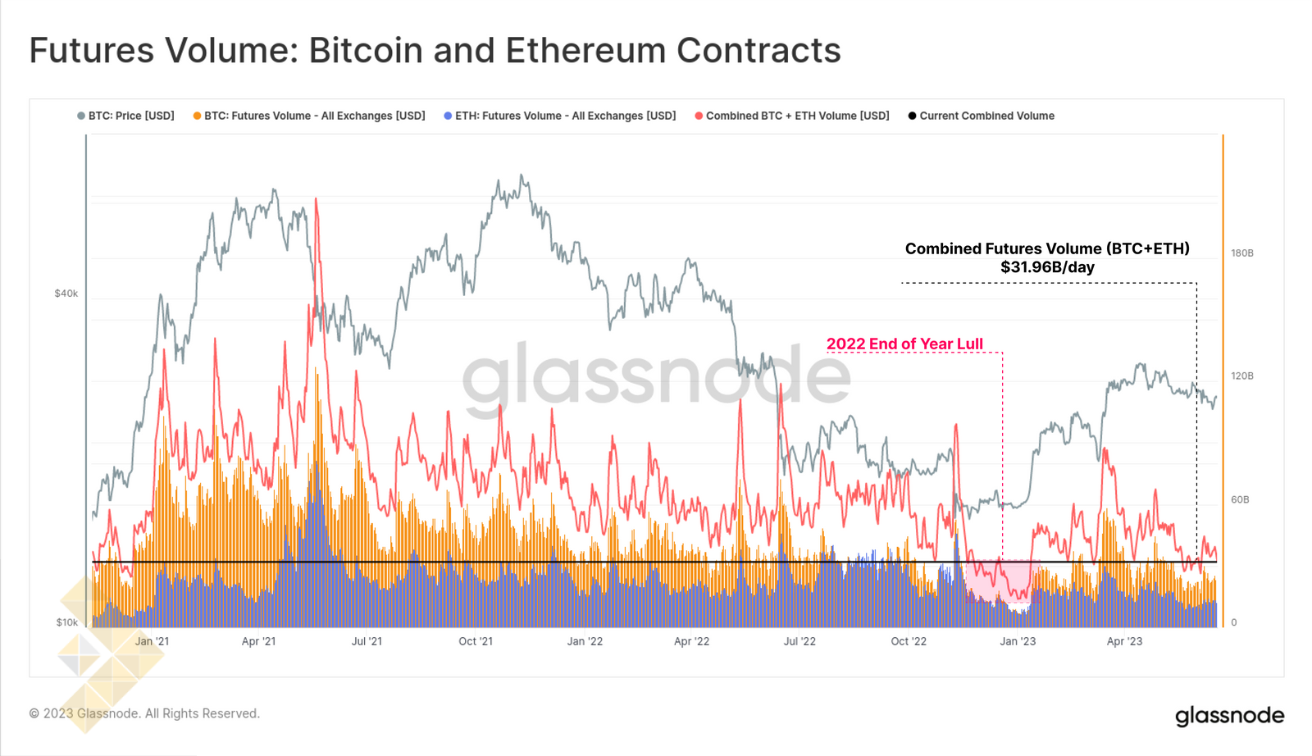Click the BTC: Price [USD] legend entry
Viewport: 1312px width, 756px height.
(126, 116)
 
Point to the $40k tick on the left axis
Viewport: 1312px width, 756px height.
(66, 294)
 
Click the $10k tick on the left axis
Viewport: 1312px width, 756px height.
(66, 622)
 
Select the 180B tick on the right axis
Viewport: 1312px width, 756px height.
(1241, 253)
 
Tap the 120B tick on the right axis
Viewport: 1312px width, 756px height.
(1241, 376)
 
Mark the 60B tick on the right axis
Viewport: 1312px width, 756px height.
(1239, 499)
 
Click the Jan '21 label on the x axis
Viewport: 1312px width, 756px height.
(152, 641)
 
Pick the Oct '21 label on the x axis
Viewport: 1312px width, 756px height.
(476, 641)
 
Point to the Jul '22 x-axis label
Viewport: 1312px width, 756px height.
(799, 641)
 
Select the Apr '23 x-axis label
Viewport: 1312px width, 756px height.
(1124, 641)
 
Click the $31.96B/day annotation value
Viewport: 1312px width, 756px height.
(1047, 267)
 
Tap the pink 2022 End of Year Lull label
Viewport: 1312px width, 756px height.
(904, 344)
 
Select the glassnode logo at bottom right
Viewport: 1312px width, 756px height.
(1229, 716)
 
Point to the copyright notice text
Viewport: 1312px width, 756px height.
(144, 713)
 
